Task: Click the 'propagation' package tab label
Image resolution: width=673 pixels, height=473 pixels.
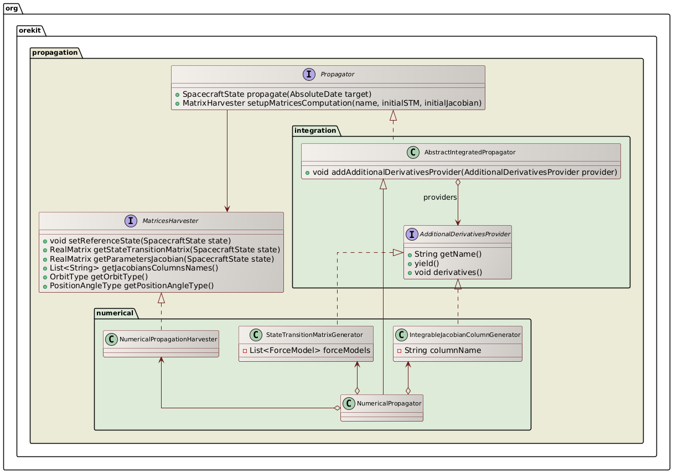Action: pyautogui.click(x=54, y=53)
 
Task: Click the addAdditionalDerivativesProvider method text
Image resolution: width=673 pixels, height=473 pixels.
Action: pyautogui.click(x=464, y=172)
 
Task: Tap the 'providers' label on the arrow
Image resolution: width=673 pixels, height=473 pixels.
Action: pyautogui.click(x=440, y=197)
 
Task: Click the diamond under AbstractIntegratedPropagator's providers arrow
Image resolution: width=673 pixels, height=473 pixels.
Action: pyautogui.click(x=458, y=183)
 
